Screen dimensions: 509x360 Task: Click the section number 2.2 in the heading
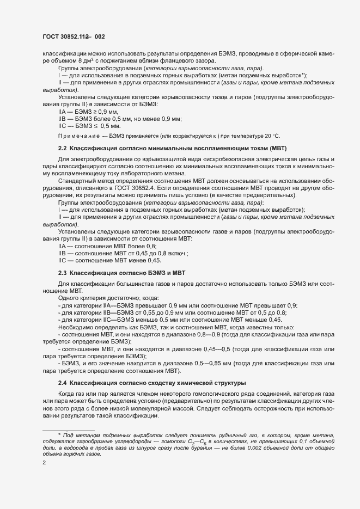coord(62,149)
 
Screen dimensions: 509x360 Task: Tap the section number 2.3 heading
coord(62,272)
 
